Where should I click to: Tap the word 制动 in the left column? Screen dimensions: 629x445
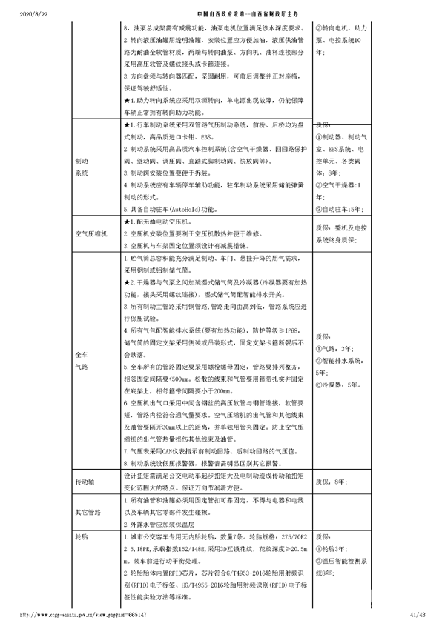(82, 161)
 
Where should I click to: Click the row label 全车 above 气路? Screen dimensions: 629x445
(82, 355)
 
